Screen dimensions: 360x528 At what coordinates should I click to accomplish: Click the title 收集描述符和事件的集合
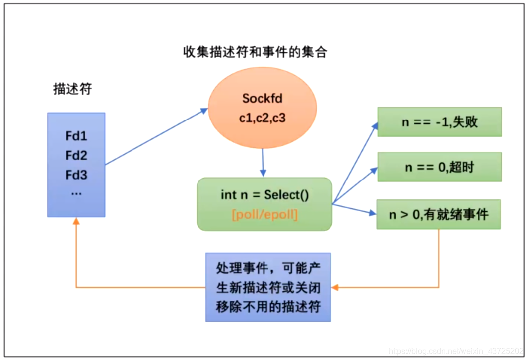256,52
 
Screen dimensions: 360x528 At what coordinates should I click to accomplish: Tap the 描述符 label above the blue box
72,89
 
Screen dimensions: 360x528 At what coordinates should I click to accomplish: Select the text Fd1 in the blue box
76,136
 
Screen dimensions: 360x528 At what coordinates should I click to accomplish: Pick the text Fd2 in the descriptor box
76,156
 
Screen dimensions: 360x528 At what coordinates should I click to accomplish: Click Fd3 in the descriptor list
76,175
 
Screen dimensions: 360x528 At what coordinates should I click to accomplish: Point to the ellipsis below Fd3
76,193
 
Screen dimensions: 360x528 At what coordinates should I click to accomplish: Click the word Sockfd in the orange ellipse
262,98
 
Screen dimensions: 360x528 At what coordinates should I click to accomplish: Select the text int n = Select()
264,194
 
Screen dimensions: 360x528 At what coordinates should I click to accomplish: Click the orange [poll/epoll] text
264,215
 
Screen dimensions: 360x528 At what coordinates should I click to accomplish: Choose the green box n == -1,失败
439,122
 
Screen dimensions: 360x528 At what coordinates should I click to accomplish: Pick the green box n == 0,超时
439,167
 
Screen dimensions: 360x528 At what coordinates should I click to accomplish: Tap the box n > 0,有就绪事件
439,214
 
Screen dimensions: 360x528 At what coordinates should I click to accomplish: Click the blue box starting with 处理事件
268,287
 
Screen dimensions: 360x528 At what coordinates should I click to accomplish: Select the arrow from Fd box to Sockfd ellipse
156,136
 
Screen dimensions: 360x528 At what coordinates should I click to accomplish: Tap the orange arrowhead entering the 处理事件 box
335,287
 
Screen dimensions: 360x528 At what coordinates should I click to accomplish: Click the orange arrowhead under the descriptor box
76,221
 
